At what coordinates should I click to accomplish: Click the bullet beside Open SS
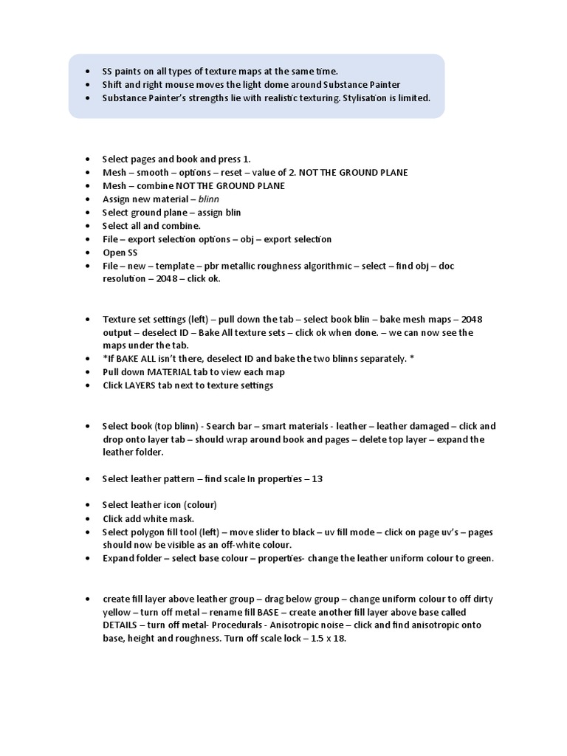pyautogui.click(x=86, y=252)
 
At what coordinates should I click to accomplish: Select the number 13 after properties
pyautogui.click(x=317, y=478)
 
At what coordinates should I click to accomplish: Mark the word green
pyautogui.click(x=479, y=558)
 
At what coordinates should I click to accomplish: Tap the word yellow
pyautogui.click(x=117, y=612)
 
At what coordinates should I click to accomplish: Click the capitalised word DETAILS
pyautogui.click(x=123, y=625)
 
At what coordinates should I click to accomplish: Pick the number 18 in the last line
pyautogui.click(x=340, y=639)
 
